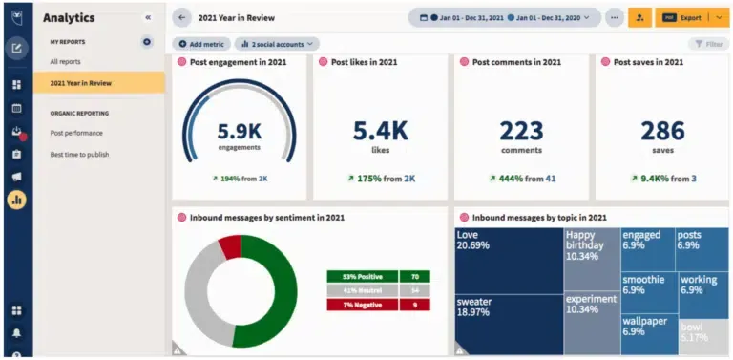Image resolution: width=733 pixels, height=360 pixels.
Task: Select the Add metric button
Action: (201, 44)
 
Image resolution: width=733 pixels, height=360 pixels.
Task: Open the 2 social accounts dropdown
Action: (277, 44)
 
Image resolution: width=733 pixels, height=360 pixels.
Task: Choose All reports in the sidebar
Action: (66, 61)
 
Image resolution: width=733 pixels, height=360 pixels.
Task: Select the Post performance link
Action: (76, 133)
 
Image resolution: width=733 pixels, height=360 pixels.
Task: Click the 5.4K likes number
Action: (380, 130)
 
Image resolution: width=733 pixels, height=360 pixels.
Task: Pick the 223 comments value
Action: (521, 130)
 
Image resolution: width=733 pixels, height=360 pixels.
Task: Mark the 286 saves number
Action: (662, 130)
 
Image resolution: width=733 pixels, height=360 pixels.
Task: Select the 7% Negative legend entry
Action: (363, 305)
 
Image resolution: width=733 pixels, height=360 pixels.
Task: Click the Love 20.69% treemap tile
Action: (508, 258)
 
